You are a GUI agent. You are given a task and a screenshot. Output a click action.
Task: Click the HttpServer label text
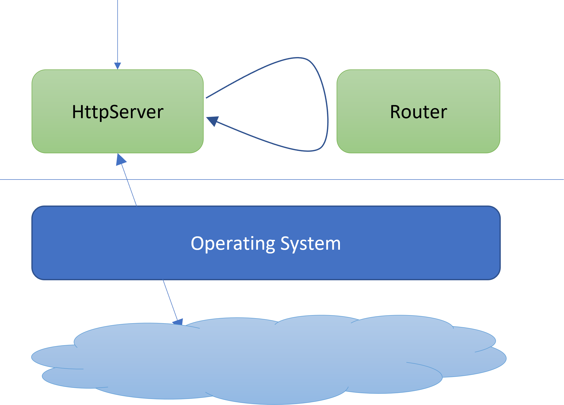[118, 112]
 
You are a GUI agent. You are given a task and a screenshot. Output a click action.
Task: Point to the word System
[311, 244]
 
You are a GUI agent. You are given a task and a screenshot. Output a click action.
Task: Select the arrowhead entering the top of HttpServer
[118, 66]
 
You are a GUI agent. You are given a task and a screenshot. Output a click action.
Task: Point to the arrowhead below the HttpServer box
[121, 160]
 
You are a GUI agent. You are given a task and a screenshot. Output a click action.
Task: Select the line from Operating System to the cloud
[170, 299]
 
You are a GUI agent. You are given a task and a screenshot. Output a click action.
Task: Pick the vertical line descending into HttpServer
[118, 30]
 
